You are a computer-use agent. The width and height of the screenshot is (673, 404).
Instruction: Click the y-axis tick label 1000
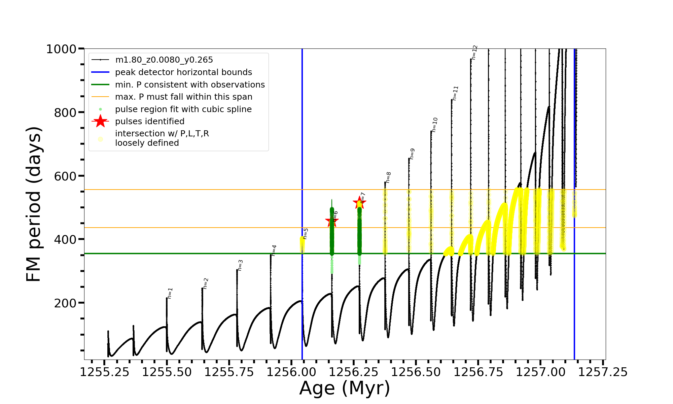click(x=61, y=49)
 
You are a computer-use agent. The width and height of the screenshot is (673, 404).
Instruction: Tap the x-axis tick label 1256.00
click(x=291, y=372)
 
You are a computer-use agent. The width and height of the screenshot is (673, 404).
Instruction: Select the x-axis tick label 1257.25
click(x=603, y=372)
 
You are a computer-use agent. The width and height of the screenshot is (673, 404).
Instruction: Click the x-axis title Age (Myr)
click(x=345, y=388)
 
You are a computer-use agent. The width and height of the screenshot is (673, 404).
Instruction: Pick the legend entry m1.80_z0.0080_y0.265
click(x=164, y=60)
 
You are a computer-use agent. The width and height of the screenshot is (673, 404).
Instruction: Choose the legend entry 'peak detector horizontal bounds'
click(x=183, y=72)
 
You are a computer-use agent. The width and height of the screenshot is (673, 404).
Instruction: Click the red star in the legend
click(x=100, y=121)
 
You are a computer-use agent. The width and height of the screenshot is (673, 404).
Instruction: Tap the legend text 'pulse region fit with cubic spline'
click(x=183, y=109)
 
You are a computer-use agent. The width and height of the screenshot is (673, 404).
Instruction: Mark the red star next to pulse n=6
click(x=331, y=222)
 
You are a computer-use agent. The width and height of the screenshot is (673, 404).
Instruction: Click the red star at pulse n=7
click(x=359, y=203)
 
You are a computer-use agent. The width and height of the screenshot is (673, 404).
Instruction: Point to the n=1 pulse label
click(x=170, y=293)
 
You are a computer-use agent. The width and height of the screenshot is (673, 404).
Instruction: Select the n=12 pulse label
click(x=474, y=53)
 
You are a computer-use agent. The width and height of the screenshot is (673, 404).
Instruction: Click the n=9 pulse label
click(x=412, y=154)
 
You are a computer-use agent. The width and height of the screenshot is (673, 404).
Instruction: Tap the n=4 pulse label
click(x=274, y=250)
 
